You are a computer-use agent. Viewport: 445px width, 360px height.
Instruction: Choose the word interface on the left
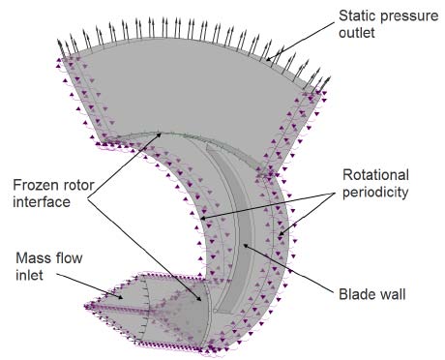(46, 201)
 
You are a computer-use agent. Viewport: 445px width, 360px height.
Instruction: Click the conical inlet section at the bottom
(155, 310)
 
